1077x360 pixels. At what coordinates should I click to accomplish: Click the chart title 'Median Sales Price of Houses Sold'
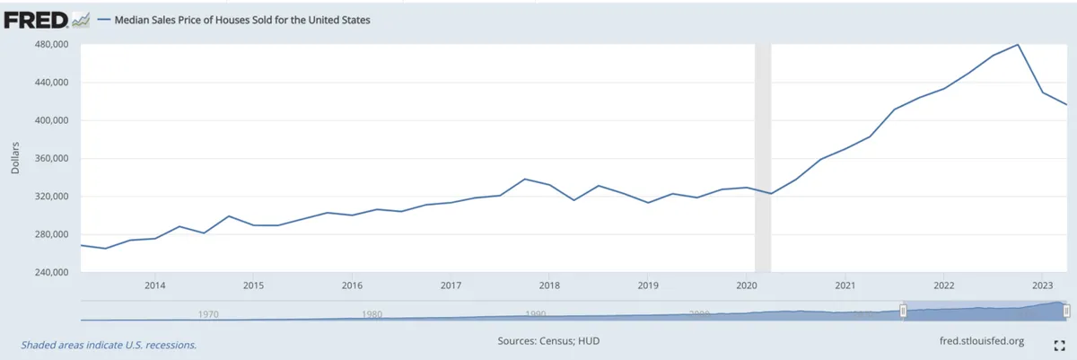(238, 20)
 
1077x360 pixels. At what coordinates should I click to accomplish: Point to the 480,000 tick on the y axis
(50, 45)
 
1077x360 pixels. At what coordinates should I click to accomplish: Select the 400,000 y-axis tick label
(50, 120)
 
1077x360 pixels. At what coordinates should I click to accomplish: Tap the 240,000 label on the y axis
(50, 272)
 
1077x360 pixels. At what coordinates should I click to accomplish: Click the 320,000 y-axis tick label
(50, 197)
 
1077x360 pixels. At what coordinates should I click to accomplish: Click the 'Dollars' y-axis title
(15, 158)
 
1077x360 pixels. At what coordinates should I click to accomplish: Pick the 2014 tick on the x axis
(154, 285)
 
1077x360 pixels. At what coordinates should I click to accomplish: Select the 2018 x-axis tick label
(549, 285)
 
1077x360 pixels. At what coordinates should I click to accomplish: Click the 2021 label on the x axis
(845, 285)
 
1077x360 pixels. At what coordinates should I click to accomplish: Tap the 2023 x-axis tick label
(1042, 285)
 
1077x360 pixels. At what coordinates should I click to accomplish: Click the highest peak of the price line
(1018, 44)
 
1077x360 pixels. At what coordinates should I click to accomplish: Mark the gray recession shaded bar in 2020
(763, 157)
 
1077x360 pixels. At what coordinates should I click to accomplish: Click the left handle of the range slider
(904, 311)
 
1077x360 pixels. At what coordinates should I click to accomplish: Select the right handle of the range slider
(1066, 311)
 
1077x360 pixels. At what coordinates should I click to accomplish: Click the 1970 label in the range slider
(207, 314)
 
